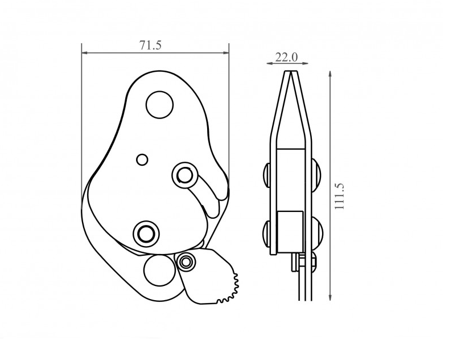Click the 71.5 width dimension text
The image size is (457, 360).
(150, 45)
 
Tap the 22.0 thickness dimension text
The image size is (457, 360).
(286, 57)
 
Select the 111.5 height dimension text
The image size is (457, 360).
(339, 196)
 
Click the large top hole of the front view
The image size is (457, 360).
(159, 105)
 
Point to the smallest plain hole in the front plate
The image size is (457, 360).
(142, 159)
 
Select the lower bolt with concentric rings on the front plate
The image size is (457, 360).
(146, 233)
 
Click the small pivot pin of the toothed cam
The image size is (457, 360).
(185, 261)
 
